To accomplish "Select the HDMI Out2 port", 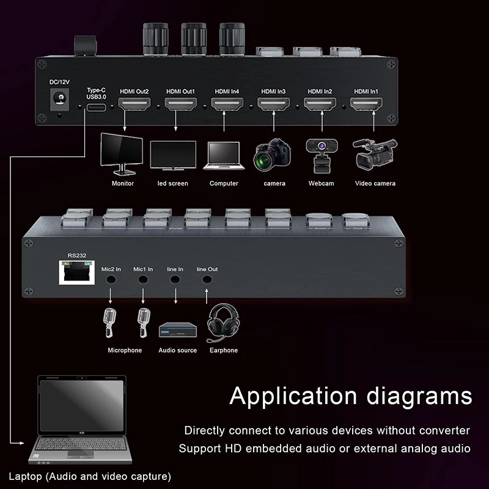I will click(x=134, y=105).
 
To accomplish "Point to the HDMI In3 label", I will click(x=273, y=91).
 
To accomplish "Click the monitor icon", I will click(x=122, y=153).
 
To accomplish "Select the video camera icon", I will click(x=374, y=153).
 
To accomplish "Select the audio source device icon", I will click(x=177, y=331).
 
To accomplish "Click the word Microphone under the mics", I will click(x=125, y=350).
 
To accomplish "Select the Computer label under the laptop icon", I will click(x=224, y=183).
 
